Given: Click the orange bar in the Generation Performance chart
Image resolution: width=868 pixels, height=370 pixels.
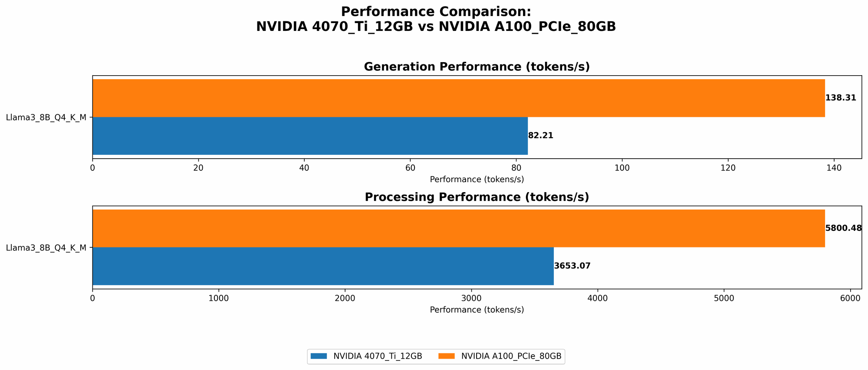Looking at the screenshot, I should (458, 98).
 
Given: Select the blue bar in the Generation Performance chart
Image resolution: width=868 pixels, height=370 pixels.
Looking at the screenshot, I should (310, 136).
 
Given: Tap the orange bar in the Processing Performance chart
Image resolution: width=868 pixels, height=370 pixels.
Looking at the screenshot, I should (458, 228).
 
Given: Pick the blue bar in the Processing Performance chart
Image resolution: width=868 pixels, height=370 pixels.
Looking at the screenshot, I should (323, 266).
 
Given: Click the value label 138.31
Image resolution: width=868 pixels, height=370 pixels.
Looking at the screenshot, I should (841, 98).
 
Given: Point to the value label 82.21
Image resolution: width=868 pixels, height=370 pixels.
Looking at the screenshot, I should (541, 136).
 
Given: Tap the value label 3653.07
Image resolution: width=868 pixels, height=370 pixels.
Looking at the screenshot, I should (572, 266).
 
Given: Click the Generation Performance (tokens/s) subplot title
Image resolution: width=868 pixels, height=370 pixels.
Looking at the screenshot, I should (477, 67).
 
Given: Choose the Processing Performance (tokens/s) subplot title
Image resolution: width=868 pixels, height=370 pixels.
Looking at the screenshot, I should (477, 197).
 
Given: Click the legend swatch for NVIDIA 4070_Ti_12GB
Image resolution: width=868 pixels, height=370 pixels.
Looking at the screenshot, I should (319, 356).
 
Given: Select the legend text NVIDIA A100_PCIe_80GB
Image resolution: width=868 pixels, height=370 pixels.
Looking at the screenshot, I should (511, 356).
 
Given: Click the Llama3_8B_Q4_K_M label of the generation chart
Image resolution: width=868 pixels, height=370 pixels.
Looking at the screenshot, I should (46, 117).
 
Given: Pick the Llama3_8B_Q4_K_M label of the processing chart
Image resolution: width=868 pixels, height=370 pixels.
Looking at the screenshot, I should (46, 248).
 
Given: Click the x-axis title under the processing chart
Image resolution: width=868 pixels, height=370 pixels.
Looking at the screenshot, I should (477, 310).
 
